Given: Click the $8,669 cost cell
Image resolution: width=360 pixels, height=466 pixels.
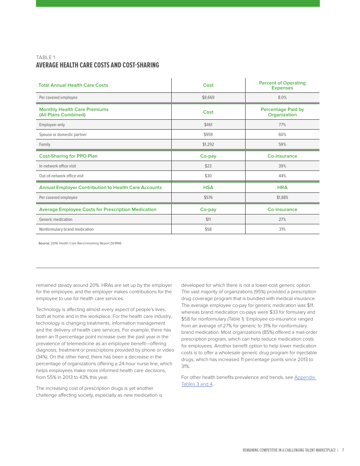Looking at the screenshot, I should point(208,97).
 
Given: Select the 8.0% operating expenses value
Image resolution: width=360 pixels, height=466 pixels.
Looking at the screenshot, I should point(282,97).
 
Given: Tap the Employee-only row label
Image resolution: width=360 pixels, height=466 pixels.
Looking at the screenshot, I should point(52,125).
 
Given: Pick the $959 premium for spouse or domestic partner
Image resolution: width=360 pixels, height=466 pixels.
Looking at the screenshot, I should point(208,134).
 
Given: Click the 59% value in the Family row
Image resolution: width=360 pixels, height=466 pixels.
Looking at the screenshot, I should point(282,144).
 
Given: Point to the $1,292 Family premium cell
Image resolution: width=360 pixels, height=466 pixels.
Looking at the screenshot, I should point(208,144).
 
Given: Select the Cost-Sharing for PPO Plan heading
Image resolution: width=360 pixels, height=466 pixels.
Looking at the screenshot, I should point(68,156).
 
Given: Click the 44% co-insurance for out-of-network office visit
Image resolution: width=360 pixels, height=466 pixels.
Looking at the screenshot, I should point(282,176).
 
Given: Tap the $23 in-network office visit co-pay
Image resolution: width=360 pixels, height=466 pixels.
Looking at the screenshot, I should point(208,166).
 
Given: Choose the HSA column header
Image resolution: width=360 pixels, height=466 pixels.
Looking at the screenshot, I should point(208,188).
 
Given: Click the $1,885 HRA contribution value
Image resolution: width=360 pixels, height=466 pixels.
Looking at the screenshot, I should point(282,197).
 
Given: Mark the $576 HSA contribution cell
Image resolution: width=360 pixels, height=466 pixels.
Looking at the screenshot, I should point(208,197).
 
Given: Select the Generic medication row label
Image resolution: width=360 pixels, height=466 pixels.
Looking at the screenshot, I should point(56,219).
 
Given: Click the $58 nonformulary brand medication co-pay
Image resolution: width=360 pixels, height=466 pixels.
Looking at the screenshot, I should point(208,229).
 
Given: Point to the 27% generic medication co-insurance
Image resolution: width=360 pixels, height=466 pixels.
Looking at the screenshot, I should point(282,219).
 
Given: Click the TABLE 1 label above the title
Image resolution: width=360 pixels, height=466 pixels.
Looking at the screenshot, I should point(45,58).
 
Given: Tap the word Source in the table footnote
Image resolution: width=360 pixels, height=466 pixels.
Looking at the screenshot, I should point(44,243).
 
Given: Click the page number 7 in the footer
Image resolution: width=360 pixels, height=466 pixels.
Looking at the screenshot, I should point(343,450).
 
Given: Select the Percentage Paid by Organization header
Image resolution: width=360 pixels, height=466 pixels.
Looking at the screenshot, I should point(282,112).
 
